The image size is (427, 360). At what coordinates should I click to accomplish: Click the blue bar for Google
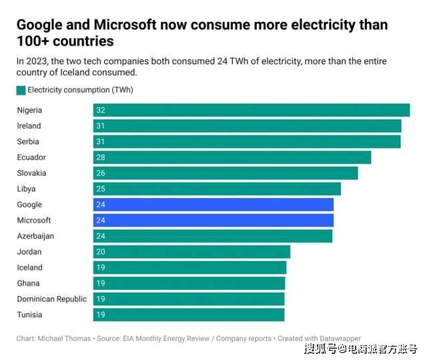[x=213, y=205]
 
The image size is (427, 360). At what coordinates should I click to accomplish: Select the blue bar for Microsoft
[x=213, y=221]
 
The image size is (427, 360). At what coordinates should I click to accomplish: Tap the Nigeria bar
[x=252, y=110]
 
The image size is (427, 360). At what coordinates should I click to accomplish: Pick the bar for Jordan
[x=192, y=252]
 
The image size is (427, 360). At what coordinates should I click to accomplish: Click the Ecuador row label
[x=31, y=157]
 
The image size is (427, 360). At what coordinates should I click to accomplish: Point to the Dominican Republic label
[x=51, y=299]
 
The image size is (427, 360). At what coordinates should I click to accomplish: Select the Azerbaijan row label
[x=35, y=236]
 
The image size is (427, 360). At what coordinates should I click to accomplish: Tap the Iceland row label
[x=29, y=267]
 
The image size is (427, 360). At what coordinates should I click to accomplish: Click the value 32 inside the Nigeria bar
[x=101, y=110]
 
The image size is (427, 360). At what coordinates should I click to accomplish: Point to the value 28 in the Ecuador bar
[x=101, y=157]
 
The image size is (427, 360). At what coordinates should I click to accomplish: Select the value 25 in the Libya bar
[x=101, y=189]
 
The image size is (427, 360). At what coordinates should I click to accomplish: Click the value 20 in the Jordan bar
[x=101, y=252]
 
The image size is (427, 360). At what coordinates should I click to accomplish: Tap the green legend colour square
[x=21, y=90]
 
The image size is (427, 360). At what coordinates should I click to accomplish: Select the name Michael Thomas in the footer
[x=66, y=339]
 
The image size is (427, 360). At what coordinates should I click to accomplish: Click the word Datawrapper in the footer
[x=338, y=339]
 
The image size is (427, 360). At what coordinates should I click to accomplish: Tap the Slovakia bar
[x=226, y=173]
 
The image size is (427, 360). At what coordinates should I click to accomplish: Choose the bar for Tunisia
[x=189, y=315]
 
